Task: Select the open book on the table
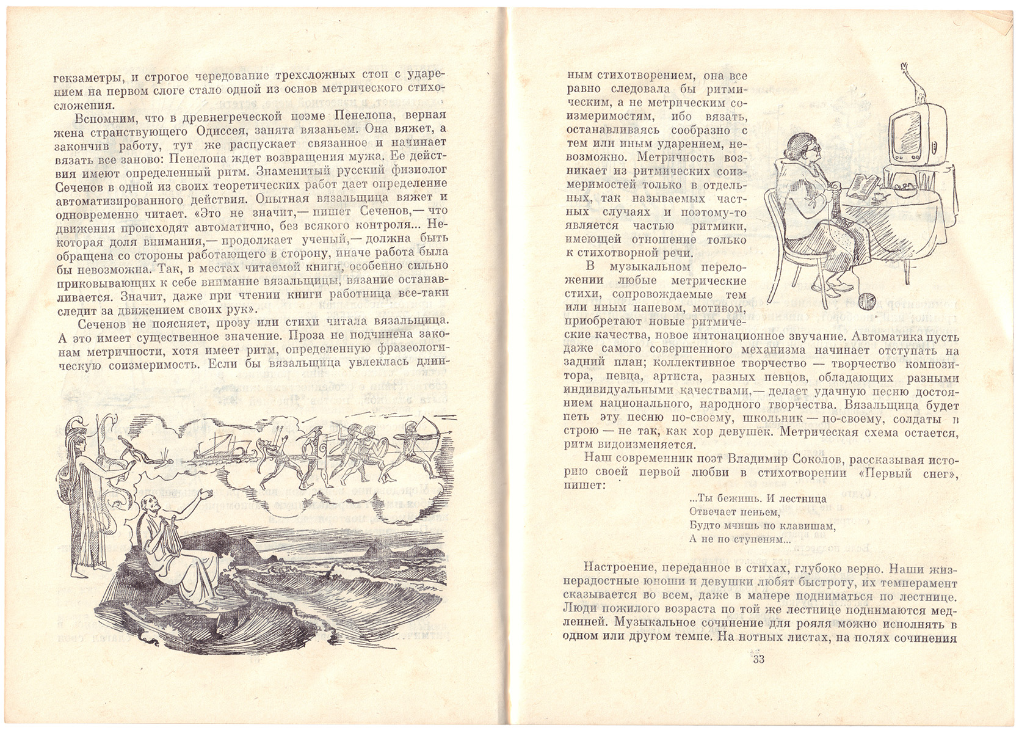(863, 185)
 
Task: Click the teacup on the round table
(879, 197)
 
